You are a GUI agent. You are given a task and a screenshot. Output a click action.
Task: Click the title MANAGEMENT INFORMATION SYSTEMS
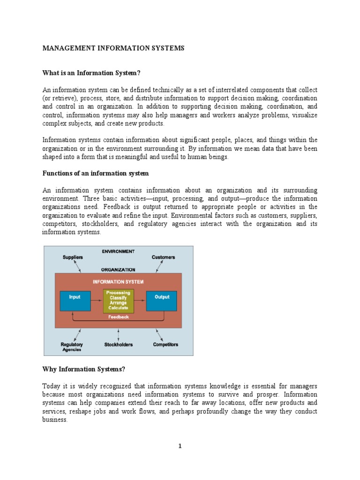113,48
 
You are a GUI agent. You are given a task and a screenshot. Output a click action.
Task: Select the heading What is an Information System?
91,73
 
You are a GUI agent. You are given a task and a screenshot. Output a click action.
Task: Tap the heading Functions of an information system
96,173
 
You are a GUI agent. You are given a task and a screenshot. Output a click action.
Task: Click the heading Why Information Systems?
84,369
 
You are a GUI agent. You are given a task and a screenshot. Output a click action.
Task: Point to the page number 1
180,446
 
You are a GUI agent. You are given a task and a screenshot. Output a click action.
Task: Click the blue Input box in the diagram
75,300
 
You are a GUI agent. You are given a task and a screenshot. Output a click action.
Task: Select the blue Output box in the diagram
162,300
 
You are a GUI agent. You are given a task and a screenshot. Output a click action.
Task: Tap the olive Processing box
118,300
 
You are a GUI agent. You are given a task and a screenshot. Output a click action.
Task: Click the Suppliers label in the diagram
73,257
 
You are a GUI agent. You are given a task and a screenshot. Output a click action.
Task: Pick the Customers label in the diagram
163,257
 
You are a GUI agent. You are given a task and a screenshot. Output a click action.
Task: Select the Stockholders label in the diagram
118,345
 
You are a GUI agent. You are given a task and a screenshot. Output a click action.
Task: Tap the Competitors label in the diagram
165,345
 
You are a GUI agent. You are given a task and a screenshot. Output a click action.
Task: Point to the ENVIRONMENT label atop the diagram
118,251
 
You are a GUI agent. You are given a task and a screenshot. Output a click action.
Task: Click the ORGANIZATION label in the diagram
118,270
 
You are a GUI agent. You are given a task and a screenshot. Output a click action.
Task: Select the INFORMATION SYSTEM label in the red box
118,282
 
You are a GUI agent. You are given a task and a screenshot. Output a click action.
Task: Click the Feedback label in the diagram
118,317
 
